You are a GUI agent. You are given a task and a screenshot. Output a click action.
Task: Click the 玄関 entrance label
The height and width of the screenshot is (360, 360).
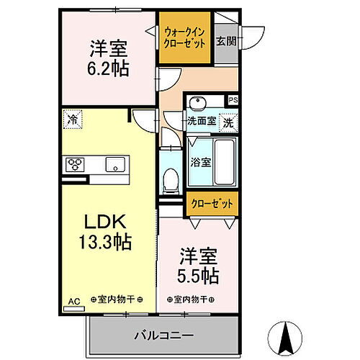point(226,40)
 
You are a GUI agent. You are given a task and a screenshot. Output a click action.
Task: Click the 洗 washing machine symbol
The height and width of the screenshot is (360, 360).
point(228,122)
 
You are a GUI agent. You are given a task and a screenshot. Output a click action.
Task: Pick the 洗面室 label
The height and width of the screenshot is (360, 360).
point(201,122)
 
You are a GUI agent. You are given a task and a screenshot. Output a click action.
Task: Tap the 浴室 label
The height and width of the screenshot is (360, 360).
point(201,162)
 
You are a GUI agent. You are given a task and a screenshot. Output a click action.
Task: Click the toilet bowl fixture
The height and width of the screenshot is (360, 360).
point(171,179)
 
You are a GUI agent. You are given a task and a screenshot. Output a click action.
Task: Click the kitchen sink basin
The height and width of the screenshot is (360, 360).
point(114,166)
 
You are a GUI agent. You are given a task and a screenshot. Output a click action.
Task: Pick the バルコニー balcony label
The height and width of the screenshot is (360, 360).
point(163,335)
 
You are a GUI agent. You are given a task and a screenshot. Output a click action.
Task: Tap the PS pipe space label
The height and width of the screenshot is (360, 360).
point(232,101)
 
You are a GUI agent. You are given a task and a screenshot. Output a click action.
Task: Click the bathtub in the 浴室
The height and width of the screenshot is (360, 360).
point(223,161)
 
